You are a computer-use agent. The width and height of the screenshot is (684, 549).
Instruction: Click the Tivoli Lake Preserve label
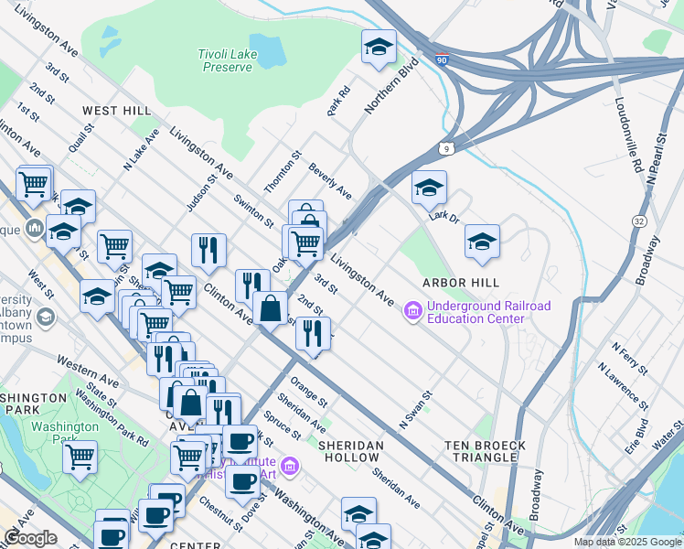pos(225,61)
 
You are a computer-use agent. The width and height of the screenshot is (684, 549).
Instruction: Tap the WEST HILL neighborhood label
pos(116,111)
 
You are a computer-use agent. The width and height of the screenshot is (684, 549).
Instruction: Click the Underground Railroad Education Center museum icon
pos(412,312)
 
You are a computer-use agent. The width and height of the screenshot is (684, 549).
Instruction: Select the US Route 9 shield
pos(446,147)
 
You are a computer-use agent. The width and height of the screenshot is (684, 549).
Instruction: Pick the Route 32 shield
pos(636,221)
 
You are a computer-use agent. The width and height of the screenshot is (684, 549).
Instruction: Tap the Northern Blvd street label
pos(390,86)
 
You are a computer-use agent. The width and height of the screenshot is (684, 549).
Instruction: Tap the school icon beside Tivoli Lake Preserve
pos(379,47)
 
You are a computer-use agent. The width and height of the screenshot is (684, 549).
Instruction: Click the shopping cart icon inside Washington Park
pos(80,455)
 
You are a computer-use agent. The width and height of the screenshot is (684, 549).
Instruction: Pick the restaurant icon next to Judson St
pos(208,249)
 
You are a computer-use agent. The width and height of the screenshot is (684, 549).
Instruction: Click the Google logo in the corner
pos(30,538)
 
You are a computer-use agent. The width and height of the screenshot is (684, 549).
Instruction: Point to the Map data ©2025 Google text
pos(626,542)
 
